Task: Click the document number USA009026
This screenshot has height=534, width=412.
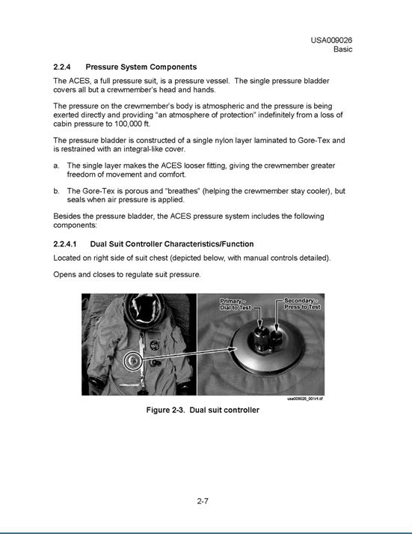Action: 331,40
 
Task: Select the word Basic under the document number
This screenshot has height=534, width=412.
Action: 342,49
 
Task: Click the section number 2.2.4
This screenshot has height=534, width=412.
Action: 62,67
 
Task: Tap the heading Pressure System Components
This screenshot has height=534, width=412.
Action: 141,67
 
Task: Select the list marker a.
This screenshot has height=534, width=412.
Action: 56,166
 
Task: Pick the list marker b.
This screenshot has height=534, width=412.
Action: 56,191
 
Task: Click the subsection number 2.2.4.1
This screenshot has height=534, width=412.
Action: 65,244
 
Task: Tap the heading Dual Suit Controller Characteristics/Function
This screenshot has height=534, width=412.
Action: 172,244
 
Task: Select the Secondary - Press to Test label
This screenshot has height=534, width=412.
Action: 302,304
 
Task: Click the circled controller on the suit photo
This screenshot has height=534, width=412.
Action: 133,360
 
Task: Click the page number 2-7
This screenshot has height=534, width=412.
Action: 203,501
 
